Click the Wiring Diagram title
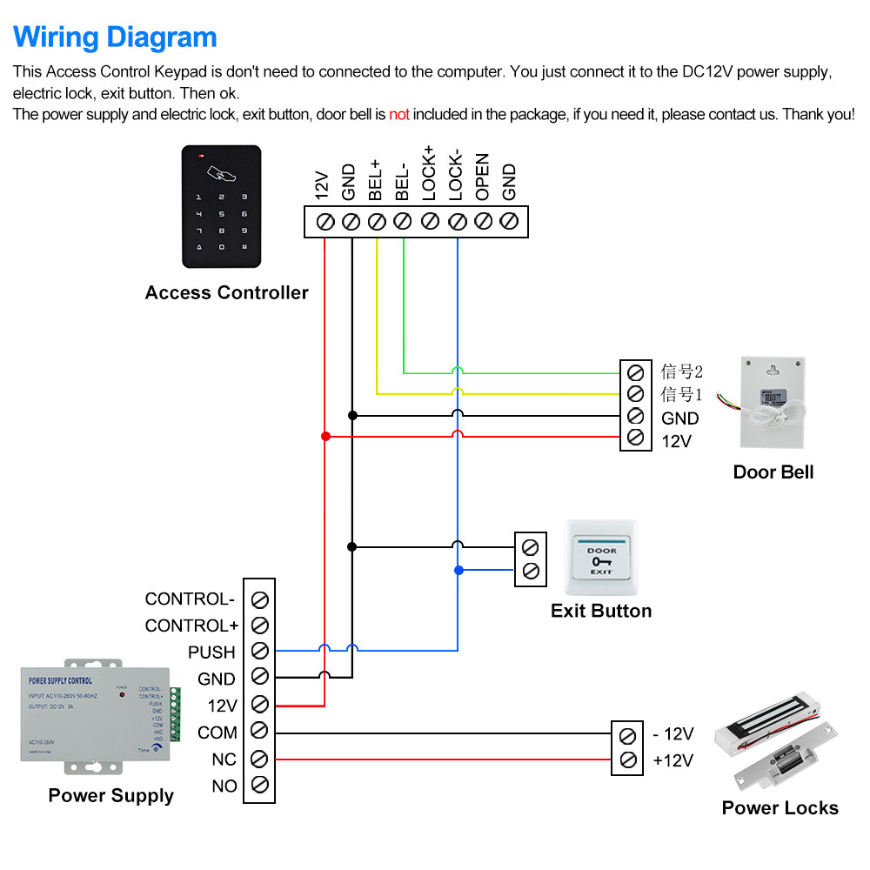[115, 37]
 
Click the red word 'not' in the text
[398, 114]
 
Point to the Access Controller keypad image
[221, 206]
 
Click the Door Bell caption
[773, 472]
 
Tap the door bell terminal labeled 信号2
[635, 371]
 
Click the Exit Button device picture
[601, 556]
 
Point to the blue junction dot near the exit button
[458, 571]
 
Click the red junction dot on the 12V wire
[325, 436]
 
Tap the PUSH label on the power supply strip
[211, 652]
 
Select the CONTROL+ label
[191, 626]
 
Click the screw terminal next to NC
[258, 760]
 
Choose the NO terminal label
[224, 786]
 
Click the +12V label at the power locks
[673, 760]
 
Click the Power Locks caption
[780, 808]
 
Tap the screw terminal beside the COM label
[258, 733]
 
